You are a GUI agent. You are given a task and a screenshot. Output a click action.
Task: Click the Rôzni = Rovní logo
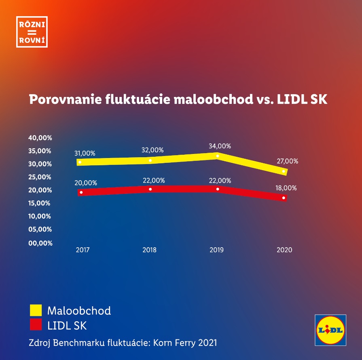[x=32, y=32]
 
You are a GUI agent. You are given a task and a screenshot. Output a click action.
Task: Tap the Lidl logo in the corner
[x=331, y=330]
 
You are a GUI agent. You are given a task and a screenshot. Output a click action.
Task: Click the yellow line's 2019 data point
[x=218, y=156]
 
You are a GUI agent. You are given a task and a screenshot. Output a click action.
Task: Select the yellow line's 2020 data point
[x=284, y=171]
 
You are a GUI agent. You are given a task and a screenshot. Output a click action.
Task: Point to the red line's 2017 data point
[x=81, y=192]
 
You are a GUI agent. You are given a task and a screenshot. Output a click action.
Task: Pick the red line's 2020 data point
[x=284, y=198]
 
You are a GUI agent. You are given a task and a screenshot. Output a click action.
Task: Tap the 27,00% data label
[x=287, y=161]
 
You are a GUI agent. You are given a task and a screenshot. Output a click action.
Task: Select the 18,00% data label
[x=286, y=188]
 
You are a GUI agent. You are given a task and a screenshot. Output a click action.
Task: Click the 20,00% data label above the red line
[x=86, y=183]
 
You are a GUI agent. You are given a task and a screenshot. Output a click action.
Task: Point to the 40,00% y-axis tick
[x=40, y=138]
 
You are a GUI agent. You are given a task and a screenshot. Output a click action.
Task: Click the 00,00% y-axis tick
[x=40, y=243]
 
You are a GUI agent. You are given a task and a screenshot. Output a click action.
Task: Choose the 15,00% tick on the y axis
[x=40, y=203]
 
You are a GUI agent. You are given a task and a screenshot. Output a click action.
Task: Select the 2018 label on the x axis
[x=149, y=250]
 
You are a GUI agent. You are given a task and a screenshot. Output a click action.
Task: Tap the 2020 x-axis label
[x=284, y=250]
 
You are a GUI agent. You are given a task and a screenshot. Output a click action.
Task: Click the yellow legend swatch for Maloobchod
[x=36, y=310]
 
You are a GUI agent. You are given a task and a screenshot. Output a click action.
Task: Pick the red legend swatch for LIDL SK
[x=36, y=325]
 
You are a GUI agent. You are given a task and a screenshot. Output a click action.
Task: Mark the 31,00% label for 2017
[x=85, y=154]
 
